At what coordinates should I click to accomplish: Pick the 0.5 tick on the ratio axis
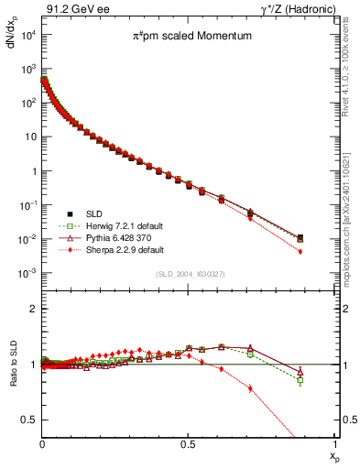click(x=29, y=420)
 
